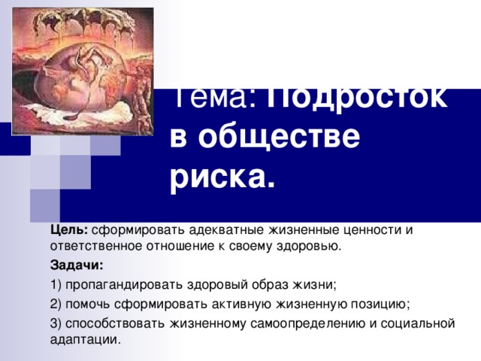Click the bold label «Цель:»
(70, 229)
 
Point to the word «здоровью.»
(315, 246)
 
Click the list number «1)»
(57, 285)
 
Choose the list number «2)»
(57, 304)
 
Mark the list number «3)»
(57, 323)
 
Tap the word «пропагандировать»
(120, 285)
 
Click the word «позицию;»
(382, 304)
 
